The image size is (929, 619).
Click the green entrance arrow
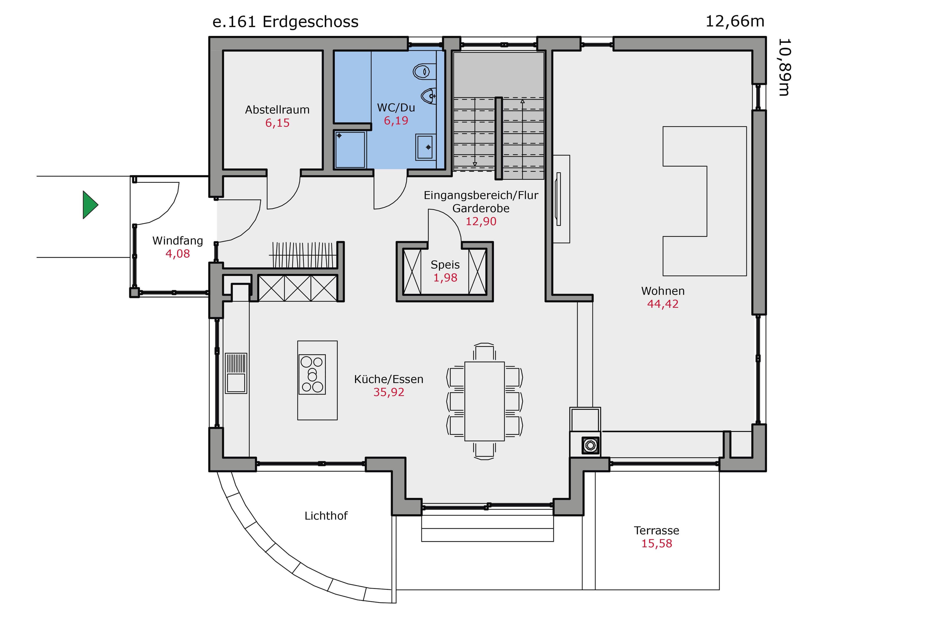90,205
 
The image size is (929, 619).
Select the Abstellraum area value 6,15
277,123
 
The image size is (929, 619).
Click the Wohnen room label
662,291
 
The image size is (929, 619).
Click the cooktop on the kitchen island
312,374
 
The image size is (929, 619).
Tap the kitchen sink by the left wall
236,373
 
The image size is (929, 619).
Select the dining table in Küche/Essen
485,401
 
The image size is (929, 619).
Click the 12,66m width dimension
735,21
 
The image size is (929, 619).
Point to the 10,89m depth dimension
784,67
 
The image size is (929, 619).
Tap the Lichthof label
326,516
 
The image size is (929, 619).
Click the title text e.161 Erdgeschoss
285,22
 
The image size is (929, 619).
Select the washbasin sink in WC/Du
425,147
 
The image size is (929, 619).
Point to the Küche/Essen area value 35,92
389,392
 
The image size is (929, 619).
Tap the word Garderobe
481,208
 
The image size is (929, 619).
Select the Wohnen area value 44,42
662,304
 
